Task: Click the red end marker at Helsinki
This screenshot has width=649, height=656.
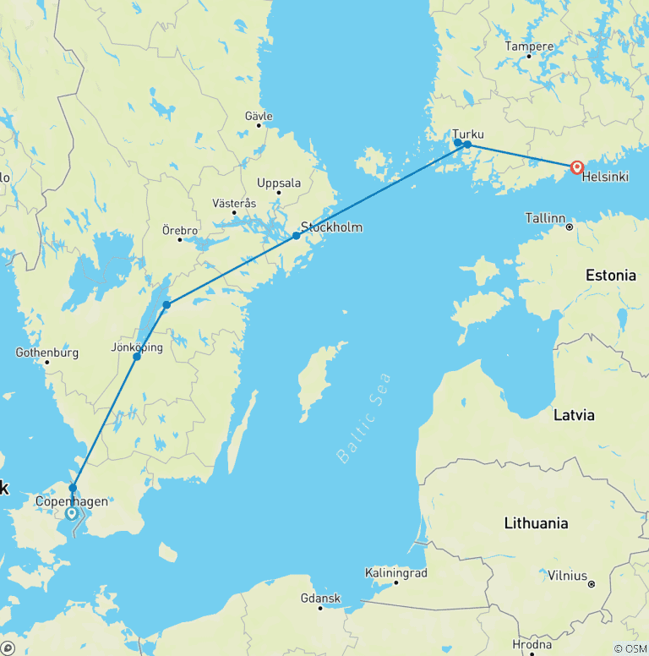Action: (577, 167)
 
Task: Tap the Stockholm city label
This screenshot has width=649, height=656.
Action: (331, 227)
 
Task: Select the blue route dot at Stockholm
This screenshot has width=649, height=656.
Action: (296, 236)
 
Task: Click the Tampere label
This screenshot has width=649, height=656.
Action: (529, 46)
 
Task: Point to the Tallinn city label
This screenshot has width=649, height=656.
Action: (545, 218)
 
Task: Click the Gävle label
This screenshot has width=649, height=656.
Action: (258, 115)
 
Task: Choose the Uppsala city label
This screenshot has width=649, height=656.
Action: (279, 183)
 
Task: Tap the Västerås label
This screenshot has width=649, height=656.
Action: (234, 204)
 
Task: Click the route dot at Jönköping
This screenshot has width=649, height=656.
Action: (137, 357)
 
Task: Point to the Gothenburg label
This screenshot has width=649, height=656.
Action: (47, 353)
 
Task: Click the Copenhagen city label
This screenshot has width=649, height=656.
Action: (72, 501)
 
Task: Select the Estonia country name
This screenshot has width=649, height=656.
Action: (611, 276)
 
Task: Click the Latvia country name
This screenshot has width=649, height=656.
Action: (574, 415)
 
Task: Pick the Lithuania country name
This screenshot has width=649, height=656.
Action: (536, 523)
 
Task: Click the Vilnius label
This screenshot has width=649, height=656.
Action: (567, 576)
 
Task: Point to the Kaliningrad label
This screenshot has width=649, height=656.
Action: (396, 573)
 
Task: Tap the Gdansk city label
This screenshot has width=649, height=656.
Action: (320, 599)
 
